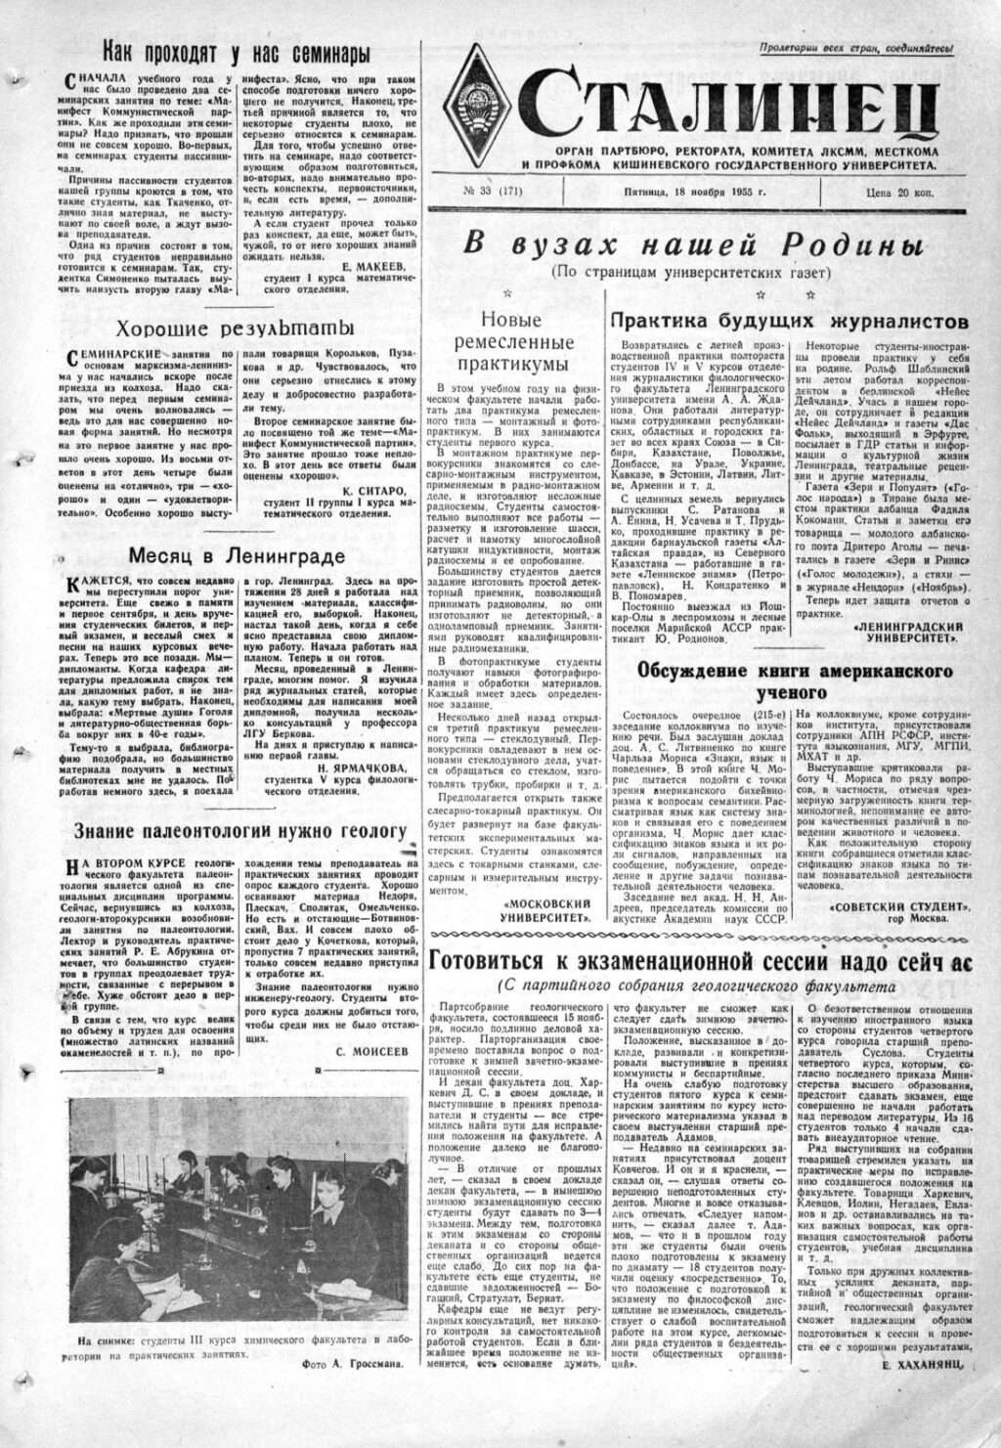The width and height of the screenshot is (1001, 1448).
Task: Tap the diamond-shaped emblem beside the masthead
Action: (482, 106)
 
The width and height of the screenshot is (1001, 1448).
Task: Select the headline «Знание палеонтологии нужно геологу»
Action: (239, 831)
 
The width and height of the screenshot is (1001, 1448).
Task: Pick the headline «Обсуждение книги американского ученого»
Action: (795, 680)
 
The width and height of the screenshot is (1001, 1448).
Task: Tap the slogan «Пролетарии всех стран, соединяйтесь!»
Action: (860, 46)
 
